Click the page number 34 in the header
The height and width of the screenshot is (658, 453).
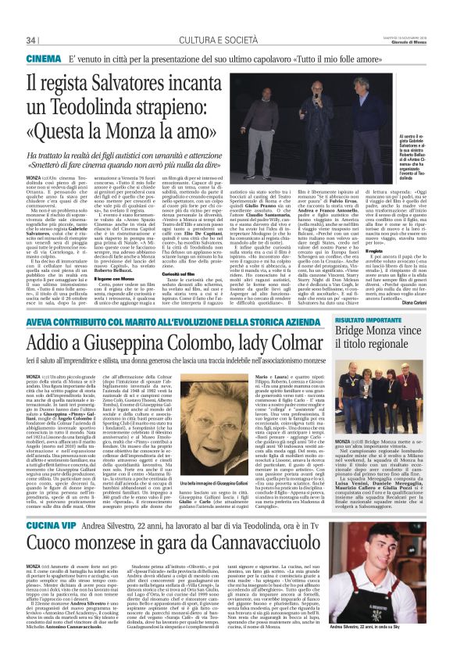(32, 40)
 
